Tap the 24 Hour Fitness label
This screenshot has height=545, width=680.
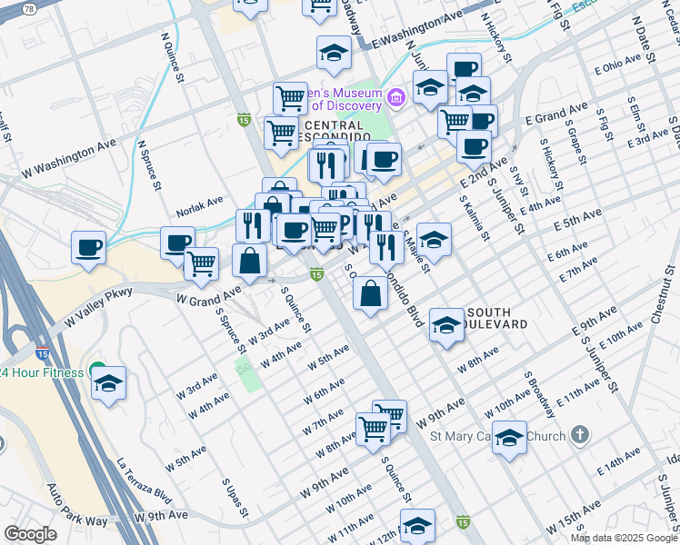click(42, 372)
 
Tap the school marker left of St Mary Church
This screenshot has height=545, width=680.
click(510, 439)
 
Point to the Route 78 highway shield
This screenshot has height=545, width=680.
click(29, 8)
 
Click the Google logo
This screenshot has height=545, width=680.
click(30, 534)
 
